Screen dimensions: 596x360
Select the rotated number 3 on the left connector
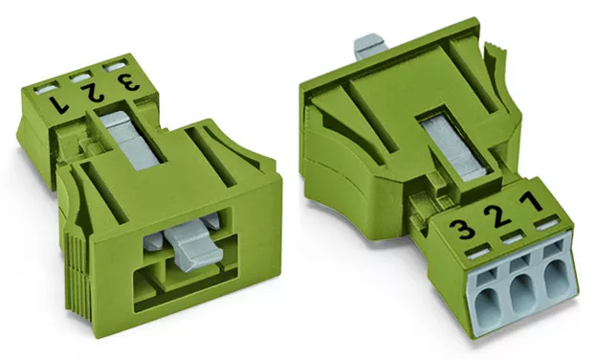pyautogui.click(x=128, y=81)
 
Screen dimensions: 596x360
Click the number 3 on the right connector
pyautogui.click(x=462, y=229)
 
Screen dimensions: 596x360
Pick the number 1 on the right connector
pyautogui.click(x=531, y=201)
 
